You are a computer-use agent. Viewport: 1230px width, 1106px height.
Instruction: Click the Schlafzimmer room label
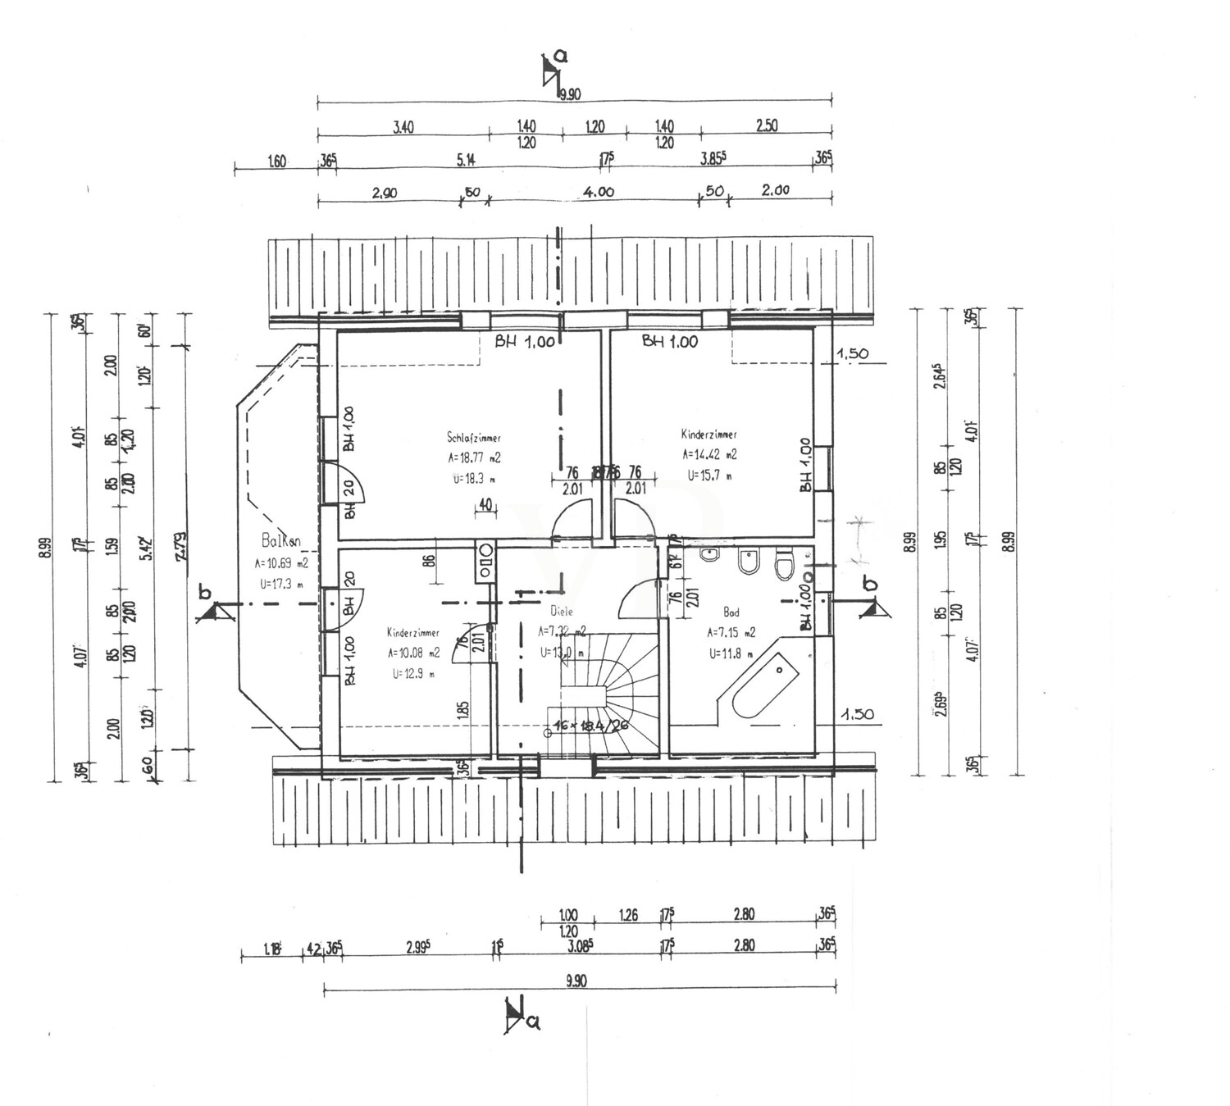tap(474, 438)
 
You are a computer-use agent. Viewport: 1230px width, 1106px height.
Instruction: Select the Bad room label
tap(731, 612)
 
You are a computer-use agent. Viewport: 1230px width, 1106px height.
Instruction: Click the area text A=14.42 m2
tap(708, 454)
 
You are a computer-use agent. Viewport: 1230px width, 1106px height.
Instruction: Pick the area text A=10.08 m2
tap(413, 653)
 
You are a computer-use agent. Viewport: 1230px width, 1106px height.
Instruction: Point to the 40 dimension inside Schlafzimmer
tap(485, 505)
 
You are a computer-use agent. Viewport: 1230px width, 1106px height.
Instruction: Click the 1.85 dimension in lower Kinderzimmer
tap(464, 710)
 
